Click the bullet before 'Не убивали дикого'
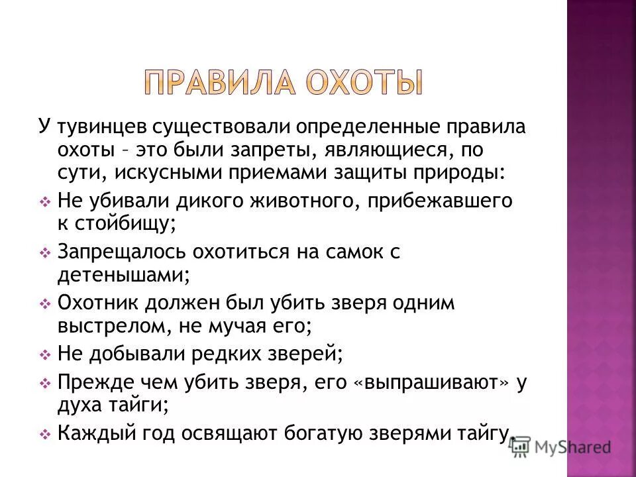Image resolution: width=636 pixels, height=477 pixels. pyautogui.click(x=45, y=201)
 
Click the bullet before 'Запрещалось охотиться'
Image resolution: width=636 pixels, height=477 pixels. pyautogui.click(x=45, y=253)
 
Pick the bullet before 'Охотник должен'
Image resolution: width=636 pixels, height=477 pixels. pyautogui.click(x=45, y=304)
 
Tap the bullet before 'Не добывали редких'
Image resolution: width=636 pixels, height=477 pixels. pyautogui.click(x=45, y=355)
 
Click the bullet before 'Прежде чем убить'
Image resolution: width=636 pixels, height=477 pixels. pyautogui.click(x=45, y=384)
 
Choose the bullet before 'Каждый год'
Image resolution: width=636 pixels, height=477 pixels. pyautogui.click(x=45, y=435)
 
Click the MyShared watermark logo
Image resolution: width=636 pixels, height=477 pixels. pyautogui.click(x=560, y=447)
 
